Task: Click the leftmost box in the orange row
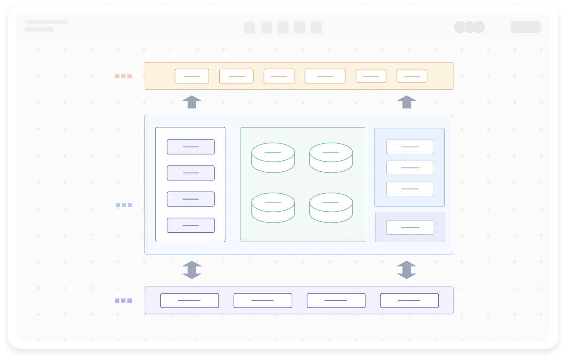192,76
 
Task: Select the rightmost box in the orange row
412,76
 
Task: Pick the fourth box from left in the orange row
325,76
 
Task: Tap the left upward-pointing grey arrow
192,102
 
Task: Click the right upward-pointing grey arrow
406,102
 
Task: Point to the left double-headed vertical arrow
192,270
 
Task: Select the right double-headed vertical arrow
406,270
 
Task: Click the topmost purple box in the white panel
191,147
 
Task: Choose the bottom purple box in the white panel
191,225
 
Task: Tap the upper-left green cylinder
273,157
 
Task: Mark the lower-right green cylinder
331,208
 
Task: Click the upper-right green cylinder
331,157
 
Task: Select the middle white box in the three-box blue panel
410,168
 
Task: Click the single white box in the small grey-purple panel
410,228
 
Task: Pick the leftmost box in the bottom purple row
189,301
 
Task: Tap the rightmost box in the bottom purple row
409,301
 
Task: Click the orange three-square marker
123,76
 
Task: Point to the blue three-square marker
124,205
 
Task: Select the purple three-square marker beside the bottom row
123,301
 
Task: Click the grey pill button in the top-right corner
526,27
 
